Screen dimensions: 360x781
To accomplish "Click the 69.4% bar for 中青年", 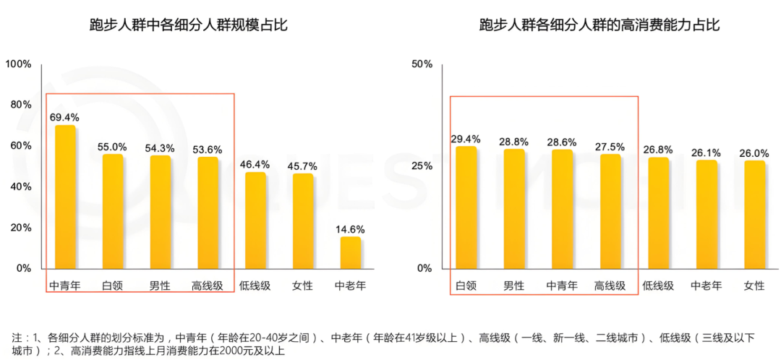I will point(65,197).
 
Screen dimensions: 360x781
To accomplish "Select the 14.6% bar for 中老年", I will point(350,252).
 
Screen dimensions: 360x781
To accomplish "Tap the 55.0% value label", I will point(112,147).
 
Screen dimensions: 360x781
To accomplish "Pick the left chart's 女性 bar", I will point(303,220).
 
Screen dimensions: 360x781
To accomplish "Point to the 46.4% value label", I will point(255,165).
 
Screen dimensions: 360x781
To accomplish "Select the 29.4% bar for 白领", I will point(466,207).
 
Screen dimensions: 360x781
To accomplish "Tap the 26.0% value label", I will point(754,153).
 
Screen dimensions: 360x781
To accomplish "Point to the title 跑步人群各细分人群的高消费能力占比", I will point(599,26).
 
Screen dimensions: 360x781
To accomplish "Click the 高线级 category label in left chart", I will point(207,286).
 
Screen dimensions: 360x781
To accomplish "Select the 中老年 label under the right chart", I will point(706,286).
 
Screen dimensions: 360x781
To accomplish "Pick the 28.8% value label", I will point(514,142).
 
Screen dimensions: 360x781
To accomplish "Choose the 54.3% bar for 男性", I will point(160,212).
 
